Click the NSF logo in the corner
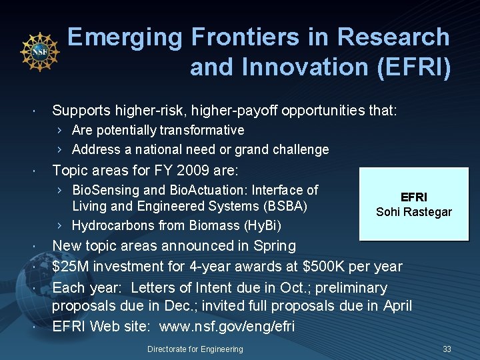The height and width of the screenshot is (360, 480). [x=40, y=51]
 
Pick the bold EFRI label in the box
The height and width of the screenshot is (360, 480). [x=413, y=197]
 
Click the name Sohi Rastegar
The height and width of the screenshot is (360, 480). [x=413, y=212]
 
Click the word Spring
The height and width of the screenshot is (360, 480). [x=274, y=246]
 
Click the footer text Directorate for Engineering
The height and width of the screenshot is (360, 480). [x=195, y=349]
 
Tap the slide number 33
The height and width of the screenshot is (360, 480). [x=447, y=349]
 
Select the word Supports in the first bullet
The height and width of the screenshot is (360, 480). [x=81, y=110]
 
